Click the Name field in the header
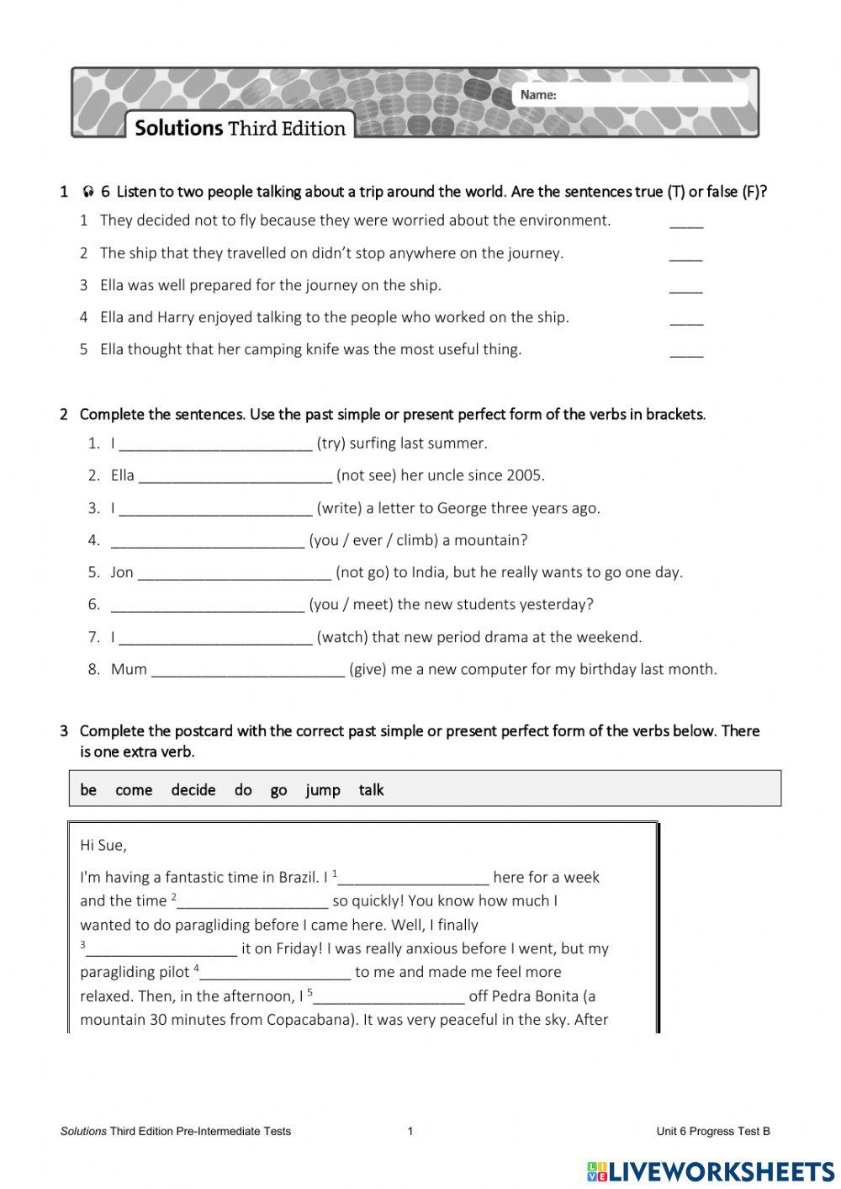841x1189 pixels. [648, 94]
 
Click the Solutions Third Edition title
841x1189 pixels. [240, 128]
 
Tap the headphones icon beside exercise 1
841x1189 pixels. [88, 192]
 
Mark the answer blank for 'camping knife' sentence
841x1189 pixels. [686, 352]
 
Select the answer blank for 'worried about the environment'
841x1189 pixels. [686, 223]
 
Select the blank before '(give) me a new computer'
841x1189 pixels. [248, 671]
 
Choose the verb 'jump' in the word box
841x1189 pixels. [322, 790]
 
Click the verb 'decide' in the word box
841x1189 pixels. [193, 790]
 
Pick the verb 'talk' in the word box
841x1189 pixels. [371, 790]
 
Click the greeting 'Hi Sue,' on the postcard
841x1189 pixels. [103, 845]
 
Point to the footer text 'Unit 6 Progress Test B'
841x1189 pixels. [712, 1131]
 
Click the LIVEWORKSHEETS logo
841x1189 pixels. [711, 1171]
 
